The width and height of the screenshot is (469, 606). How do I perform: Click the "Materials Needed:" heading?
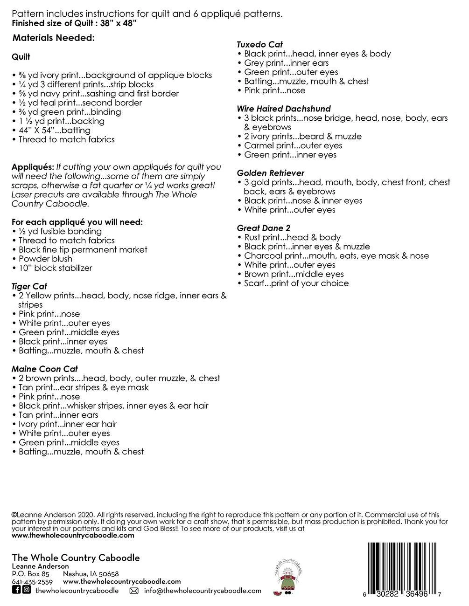click(54, 38)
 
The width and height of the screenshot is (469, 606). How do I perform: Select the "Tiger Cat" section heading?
click(29, 286)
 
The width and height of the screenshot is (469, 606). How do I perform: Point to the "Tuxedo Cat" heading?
click(260, 44)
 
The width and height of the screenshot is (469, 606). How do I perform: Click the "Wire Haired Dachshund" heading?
click(284, 109)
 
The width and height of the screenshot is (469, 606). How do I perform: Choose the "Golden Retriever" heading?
click(271, 173)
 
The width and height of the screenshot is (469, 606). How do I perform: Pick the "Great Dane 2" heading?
click(264, 228)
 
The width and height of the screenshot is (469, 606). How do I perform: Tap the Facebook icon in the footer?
click(16, 590)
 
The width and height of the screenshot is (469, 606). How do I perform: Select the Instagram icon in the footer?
click(27, 590)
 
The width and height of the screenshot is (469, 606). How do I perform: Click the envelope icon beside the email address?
click(134, 591)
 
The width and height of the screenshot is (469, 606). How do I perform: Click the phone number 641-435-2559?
click(32, 582)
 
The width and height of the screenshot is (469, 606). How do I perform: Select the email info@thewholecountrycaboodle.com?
click(203, 590)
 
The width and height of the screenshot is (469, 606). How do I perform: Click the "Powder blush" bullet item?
click(45, 259)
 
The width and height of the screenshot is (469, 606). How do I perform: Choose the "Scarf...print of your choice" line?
click(296, 283)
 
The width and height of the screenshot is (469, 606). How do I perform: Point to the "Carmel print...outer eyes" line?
click(293, 145)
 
